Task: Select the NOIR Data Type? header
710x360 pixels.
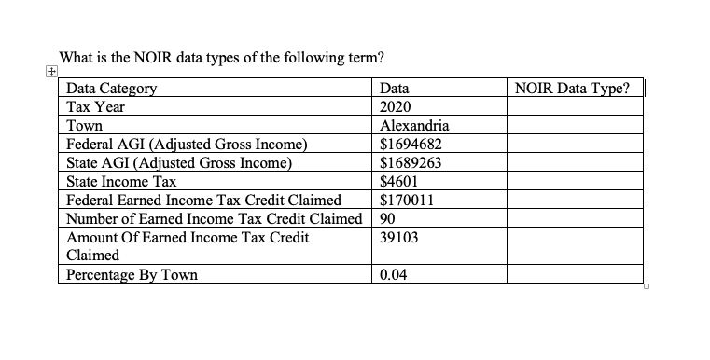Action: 572,90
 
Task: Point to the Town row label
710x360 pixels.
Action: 85,126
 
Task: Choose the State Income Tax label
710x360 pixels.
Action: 121,182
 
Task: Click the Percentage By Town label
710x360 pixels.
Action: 132,275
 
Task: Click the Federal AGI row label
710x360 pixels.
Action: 186,145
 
